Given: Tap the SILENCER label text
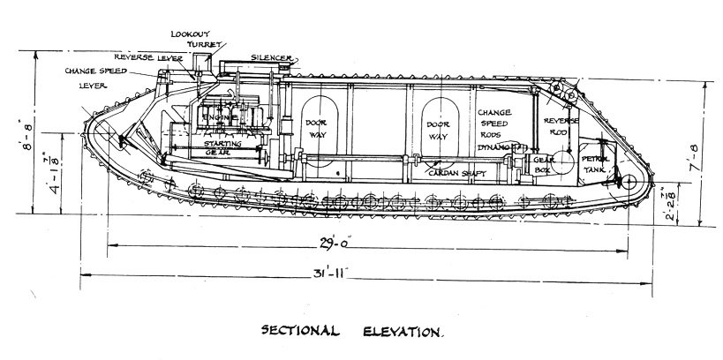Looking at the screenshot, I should click(x=270, y=57).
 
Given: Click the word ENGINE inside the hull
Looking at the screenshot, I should click(x=216, y=117).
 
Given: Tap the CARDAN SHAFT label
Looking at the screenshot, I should click(x=456, y=173).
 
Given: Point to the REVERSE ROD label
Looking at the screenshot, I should click(x=561, y=127).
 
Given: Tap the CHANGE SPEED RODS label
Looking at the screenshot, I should click(x=499, y=124).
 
